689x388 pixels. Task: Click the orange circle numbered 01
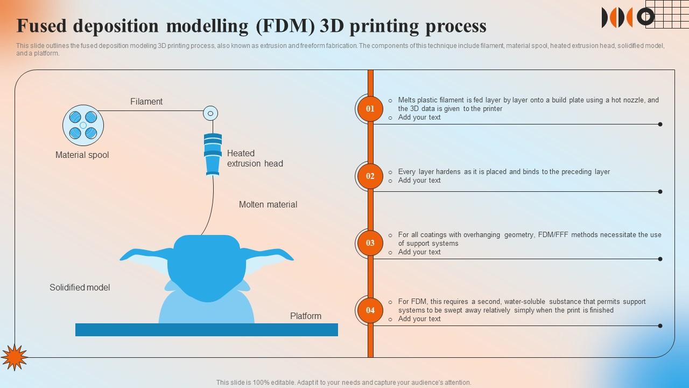coord(370,109)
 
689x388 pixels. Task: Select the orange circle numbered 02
coord(370,176)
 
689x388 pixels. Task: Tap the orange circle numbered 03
coord(370,243)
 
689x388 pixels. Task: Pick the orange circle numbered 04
coord(370,310)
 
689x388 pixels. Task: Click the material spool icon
coord(83,125)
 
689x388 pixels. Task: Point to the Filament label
coord(146,101)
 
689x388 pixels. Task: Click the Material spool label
coord(82,155)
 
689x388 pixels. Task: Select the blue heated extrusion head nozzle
coord(213,154)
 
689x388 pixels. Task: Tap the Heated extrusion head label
coord(255,158)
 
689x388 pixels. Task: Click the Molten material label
coord(268,205)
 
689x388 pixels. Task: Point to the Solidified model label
coord(80,288)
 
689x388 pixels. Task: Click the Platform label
coord(306,316)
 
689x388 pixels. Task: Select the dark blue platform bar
coord(207,330)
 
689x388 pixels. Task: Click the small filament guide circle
coord(210,113)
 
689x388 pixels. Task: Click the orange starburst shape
coord(13,357)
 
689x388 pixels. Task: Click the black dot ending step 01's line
coord(660,124)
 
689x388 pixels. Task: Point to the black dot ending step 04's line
coord(660,325)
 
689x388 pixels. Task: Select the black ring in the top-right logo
coord(645,17)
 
